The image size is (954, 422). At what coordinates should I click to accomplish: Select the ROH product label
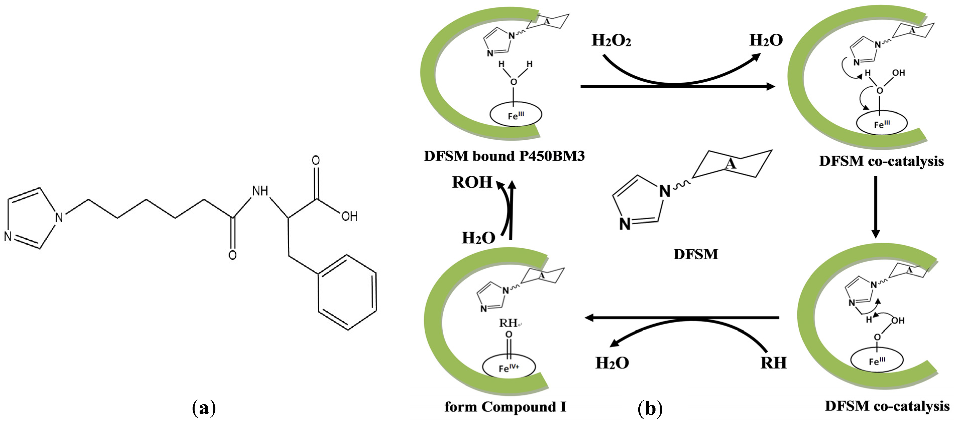click(472, 182)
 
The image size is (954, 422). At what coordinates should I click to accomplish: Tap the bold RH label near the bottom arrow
click(773, 363)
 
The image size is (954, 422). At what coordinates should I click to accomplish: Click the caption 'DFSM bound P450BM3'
click(504, 157)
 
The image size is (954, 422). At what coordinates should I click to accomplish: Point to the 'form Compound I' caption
click(505, 407)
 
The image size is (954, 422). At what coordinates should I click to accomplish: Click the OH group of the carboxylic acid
click(349, 217)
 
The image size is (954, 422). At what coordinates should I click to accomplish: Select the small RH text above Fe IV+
click(508, 323)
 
